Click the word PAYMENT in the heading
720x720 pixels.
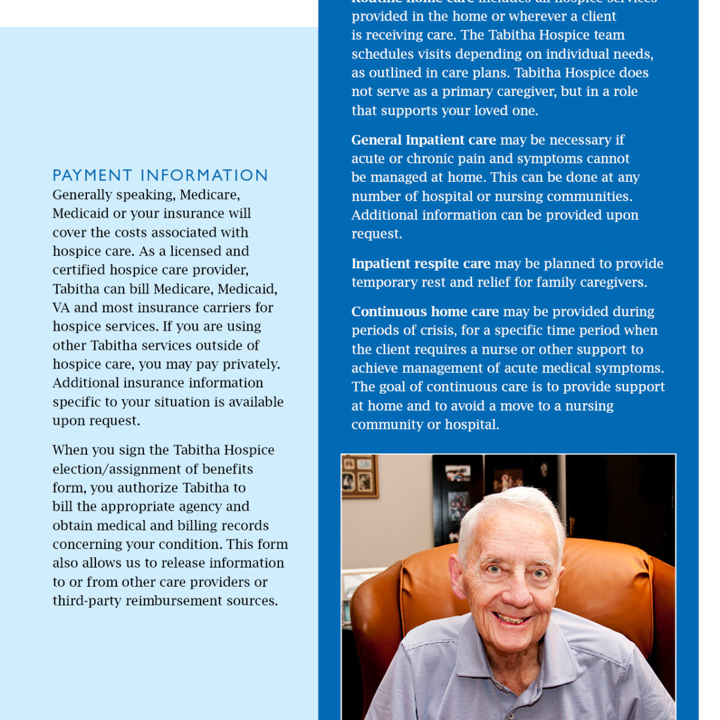click(x=92, y=175)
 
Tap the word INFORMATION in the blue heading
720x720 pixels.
click(x=204, y=175)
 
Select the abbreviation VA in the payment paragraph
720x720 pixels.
click(x=61, y=308)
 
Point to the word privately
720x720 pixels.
click(x=251, y=364)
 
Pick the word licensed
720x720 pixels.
click(x=195, y=251)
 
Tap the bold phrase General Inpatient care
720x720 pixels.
click(x=423, y=140)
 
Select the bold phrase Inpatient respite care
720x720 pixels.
click(x=421, y=263)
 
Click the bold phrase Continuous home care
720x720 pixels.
click(x=425, y=311)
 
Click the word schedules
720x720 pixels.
click(x=379, y=54)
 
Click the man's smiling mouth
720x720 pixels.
click(x=512, y=618)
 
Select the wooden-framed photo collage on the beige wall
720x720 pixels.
click(x=359, y=476)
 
